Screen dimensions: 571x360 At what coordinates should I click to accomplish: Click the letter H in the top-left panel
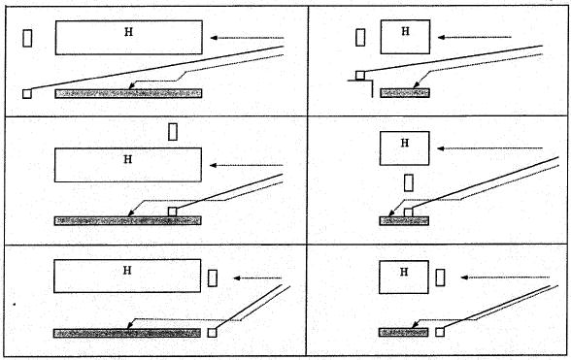128,32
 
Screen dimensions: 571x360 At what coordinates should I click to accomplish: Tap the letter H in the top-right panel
405,31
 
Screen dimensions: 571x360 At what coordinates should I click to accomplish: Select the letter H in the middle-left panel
128,159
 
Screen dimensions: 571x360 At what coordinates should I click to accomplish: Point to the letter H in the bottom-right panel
404,272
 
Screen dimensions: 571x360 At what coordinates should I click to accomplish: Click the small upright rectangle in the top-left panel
27,38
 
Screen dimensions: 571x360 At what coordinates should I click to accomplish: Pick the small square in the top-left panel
27,94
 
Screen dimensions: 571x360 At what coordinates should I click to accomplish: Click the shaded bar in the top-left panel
128,93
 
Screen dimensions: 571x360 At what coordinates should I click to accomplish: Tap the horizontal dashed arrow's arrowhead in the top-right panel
441,37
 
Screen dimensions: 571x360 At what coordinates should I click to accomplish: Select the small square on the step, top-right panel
360,76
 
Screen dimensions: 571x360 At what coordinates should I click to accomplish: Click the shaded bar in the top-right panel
405,93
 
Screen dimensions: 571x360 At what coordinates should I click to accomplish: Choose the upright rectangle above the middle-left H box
173,132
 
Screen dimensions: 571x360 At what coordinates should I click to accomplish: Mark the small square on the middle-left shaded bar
172,212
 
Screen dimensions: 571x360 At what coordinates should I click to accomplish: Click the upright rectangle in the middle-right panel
409,182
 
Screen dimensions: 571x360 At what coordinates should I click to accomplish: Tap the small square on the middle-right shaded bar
408,213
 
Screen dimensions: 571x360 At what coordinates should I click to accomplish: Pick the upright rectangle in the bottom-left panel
213,278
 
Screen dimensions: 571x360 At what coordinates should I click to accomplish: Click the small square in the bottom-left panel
212,333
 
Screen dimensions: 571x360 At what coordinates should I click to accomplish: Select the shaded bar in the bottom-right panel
404,332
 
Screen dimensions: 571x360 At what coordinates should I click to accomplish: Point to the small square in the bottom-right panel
440,332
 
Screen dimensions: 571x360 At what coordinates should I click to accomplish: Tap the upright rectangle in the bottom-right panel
440,278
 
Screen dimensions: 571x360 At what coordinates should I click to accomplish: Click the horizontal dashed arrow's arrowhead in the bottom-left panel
237,278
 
